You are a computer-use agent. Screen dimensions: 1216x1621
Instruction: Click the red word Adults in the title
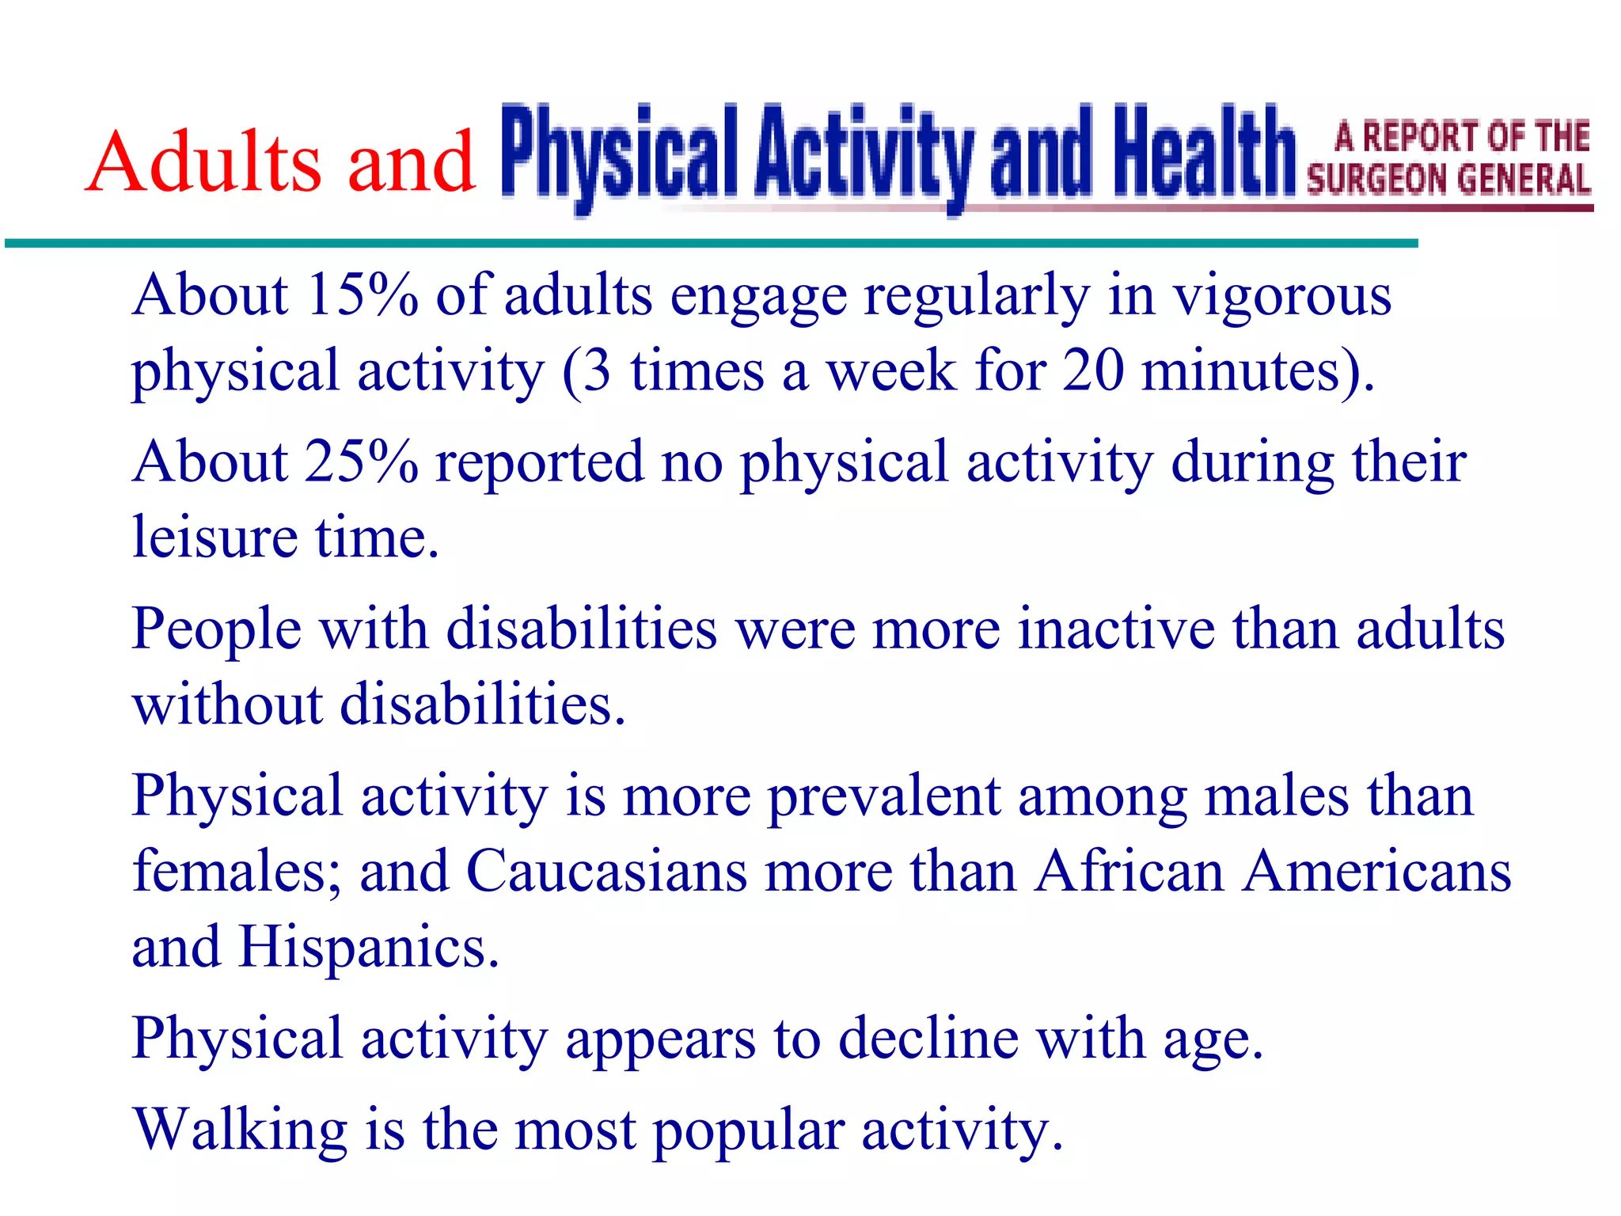[204, 161]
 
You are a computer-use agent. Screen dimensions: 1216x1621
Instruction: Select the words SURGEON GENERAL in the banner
[1448, 179]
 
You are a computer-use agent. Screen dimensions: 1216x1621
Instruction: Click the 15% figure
[362, 294]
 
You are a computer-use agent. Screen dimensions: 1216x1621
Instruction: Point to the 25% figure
[362, 462]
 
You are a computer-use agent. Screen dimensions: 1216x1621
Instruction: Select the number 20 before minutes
[1092, 370]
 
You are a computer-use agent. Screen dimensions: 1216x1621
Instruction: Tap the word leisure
[214, 537]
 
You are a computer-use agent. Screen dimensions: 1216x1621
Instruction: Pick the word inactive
[1116, 629]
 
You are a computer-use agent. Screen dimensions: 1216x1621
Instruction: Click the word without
[228, 704]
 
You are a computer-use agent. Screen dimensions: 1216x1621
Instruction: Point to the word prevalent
[884, 796]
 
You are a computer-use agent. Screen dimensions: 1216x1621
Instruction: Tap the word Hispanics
[369, 947]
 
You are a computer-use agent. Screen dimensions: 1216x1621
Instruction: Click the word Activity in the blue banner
[863, 152]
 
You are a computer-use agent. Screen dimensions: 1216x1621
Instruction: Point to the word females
[237, 871]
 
